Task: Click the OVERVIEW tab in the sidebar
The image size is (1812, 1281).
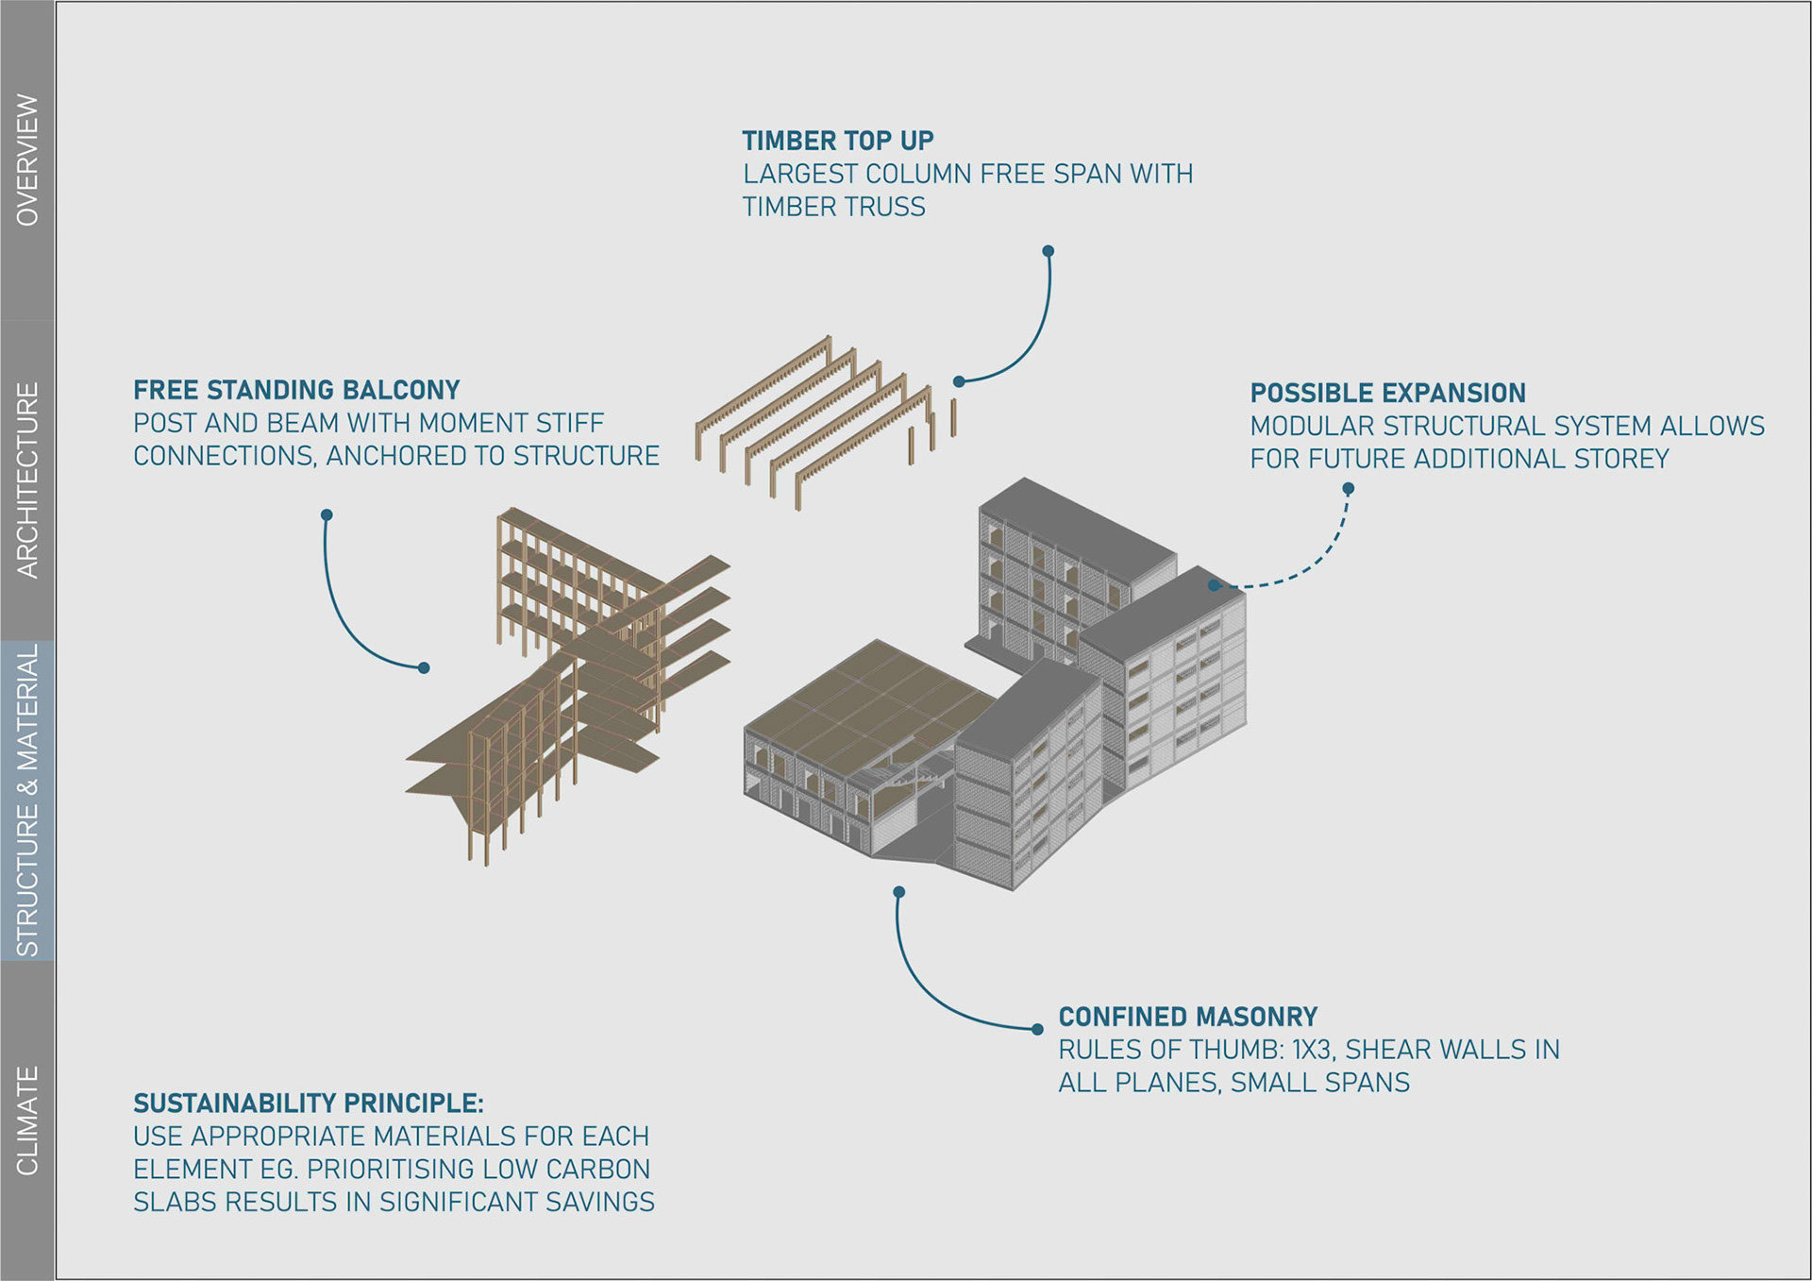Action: pyautogui.click(x=27, y=160)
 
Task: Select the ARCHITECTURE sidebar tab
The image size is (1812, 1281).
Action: pyautogui.click(x=27, y=480)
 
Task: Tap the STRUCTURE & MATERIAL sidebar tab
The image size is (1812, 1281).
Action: pyautogui.click(x=27, y=800)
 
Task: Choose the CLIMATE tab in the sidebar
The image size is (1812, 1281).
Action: pyautogui.click(x=27, y=1121)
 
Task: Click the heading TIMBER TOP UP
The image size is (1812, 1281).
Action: pyautogui.click(x=837, y=141)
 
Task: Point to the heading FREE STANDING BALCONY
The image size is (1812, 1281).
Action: pyautogui.click(x=296, y=390)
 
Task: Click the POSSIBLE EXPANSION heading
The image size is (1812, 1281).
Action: pyautogui.click(x=1387, y=393)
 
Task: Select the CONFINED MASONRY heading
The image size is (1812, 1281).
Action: pyautogui.click(x=1187, y=1017)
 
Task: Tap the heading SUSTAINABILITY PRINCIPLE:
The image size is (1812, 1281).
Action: pyautogui.click(x=308, y=1104)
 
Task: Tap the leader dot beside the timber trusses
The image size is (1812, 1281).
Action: pyautogui.click(x=959, y=381)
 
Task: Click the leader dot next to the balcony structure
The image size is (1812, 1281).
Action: pyautogui.click(x=424, y=667)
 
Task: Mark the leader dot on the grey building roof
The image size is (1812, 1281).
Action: pyautogui.click(x=1214, y=585)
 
